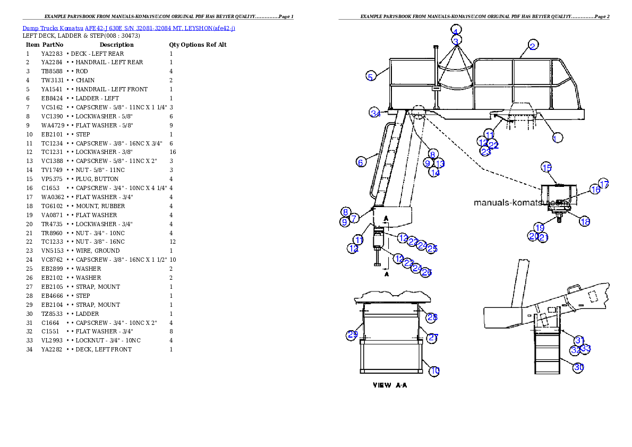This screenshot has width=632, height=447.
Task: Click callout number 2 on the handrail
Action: click(533, 45)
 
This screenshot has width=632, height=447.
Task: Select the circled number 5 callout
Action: click(371, 76)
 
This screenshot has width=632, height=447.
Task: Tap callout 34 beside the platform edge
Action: click(375, 113)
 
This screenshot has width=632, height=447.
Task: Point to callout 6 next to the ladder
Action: click(361, 162)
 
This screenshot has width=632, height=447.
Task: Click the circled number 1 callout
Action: click(556, 137)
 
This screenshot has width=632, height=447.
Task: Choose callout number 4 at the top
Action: click(456, 30)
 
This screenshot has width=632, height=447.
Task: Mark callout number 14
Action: click(434, 172)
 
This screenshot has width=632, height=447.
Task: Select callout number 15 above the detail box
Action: click(546, 167)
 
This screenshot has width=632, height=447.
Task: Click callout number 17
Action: click(604, 184)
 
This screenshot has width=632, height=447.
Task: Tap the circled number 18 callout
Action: click(585, 221)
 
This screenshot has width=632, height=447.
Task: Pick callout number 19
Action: click(540, 228)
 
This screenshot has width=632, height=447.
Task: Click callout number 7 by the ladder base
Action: click(354, 217)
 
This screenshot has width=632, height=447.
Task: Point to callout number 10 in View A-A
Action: click(434, 371)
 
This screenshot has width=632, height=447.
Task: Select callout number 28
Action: click(432, 317)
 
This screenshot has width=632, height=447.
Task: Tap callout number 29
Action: click(352, 335)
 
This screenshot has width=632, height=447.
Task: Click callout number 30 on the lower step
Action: click(579, 367)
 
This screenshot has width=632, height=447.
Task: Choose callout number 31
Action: click(579, 340)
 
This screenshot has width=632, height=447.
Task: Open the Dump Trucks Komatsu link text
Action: click(129, 28)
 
